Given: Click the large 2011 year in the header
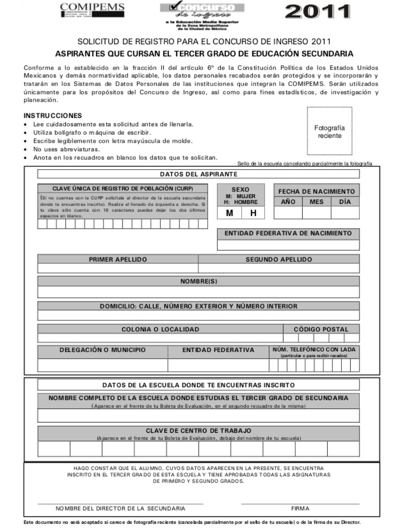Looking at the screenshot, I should point(318,11).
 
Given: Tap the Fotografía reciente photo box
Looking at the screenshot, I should point(329,131).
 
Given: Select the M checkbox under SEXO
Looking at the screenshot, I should point(229,213).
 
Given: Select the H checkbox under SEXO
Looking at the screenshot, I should point(253,213).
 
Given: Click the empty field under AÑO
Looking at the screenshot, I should point(288,213).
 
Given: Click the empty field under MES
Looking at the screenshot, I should point(316,213).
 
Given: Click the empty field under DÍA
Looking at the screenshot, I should point(345,213).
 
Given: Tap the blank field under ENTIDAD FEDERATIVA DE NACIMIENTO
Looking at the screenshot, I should point(288,245).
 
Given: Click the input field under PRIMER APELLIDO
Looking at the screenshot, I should point(118,268).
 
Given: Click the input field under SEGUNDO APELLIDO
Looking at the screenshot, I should point(279,268).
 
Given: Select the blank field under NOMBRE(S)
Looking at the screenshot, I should point(198,292).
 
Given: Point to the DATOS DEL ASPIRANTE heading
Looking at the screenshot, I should point(198,174).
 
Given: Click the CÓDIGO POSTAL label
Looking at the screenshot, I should point(321,329).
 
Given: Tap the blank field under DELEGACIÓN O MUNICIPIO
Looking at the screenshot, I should point(102,365).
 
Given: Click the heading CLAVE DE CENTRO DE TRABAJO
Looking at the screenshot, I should point(198,431).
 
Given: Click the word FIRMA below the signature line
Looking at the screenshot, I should point(300,508).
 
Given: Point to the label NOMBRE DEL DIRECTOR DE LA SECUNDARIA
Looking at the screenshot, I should point(120,508).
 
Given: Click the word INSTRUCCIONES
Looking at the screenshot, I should point(53,116).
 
